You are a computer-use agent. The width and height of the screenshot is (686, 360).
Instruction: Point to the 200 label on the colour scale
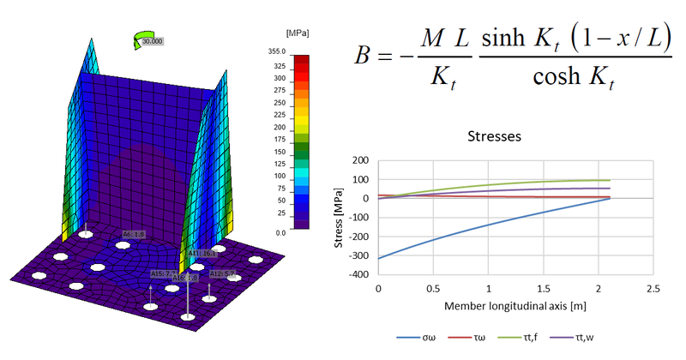(279, 127)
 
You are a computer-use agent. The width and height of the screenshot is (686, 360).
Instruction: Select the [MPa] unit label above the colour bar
(297, 32)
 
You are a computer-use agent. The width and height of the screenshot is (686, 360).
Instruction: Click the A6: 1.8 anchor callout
(134, 233)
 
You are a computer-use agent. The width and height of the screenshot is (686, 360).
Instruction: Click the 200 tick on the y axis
(361, 160)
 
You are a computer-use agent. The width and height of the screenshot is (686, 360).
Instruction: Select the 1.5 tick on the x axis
(543, 289)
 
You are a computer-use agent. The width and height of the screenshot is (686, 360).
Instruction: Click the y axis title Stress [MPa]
(340, 218)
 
